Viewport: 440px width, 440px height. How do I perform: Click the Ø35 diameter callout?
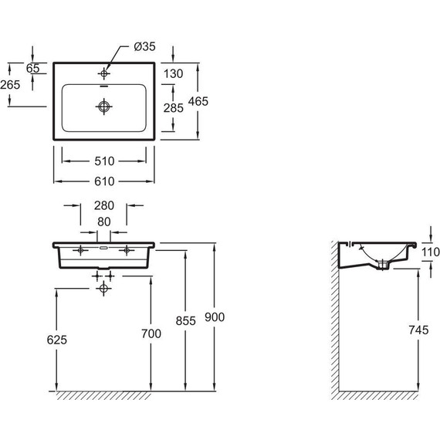pyautogui.click(x=144, y=46)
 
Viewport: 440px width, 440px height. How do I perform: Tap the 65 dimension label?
pyautogui.click(x=33, y=68)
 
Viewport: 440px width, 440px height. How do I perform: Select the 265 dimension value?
pyautogui.click(x=10, y=85)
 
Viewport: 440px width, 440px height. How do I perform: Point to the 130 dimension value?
pyautogui.click(x=173, y=74)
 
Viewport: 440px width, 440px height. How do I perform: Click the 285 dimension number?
pyautogui.click(x=174, y=108)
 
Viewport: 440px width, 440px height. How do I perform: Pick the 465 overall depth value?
pyautogui.click(x=198, y=101)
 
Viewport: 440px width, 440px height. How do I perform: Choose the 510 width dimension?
pyautogui.click(x=104, y=161)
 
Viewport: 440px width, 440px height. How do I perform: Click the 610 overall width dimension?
pyautogui.click(x=104, y=181)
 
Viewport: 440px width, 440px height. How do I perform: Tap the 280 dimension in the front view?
pyautogui.click(x=104, y=205)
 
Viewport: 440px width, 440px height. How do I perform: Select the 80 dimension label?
pyautogui.click(x=104, y=222)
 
